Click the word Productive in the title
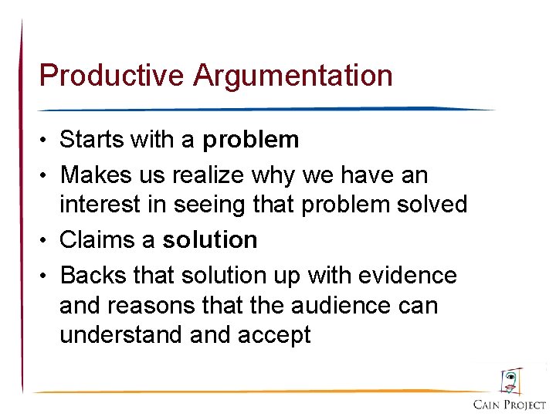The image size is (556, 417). (x=112, y=76)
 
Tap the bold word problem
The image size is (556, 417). (x=251, y=140)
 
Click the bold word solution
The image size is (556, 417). (x=210, y=240)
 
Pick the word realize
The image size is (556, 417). (x=207, y=175)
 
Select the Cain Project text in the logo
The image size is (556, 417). (x=510, y=404)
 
